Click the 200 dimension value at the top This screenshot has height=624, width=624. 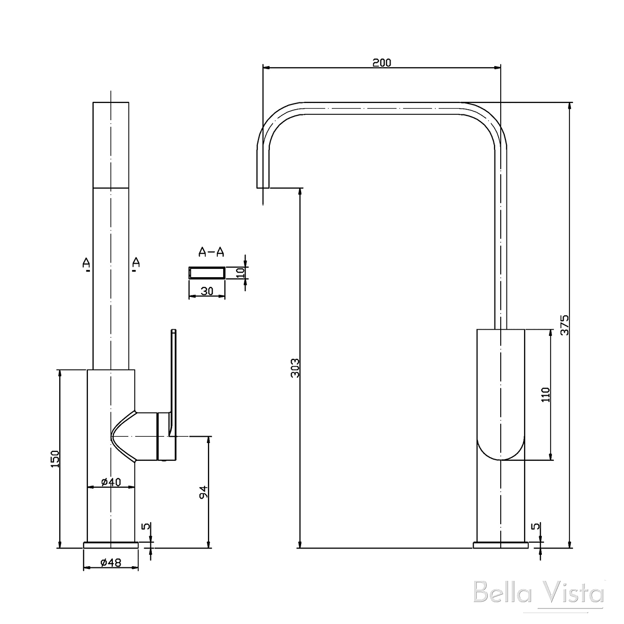pos(381,62)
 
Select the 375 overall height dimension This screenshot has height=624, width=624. pos(565,325)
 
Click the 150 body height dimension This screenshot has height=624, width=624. pos(56,459)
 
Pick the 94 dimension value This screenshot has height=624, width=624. pos(204,492)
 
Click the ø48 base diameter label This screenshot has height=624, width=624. pos(110,562)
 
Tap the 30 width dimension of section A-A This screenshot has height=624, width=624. pos(206,292)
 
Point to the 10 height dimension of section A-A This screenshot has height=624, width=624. pos(240,272)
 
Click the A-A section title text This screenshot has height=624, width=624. pos(211,253)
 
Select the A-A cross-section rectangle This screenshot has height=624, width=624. pos(206,272)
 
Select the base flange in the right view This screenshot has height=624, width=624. pos(500,545)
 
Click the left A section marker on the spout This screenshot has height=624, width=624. pos(86,263)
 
